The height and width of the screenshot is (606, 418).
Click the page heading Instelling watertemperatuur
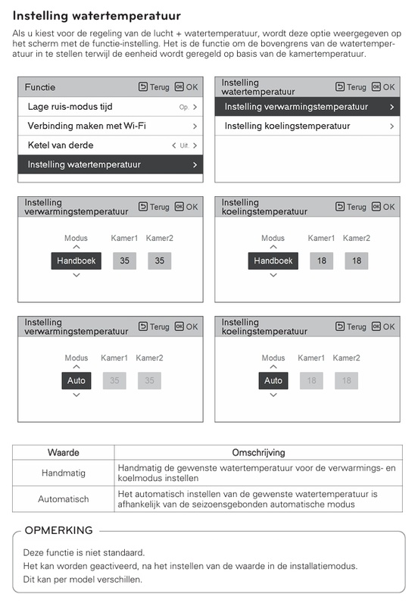tap(97, 14)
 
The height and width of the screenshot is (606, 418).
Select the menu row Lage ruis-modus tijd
tap(111, 107)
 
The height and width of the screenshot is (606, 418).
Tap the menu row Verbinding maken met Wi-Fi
tap(111, 126)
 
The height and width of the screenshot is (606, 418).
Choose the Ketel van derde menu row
tap(111, 145)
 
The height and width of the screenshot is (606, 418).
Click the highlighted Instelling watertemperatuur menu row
tap(111, 164)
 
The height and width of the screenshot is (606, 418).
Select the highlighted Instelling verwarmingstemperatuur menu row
tap(307, 107)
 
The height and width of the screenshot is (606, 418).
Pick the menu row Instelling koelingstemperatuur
tap(307, 126)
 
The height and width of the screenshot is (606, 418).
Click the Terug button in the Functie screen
tap(154, 87)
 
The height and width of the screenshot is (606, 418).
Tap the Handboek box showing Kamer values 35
tap(76, 261)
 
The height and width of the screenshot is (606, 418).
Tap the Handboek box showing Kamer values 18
tap(273, 261)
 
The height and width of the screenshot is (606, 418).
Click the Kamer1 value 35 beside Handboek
tap(125, 261)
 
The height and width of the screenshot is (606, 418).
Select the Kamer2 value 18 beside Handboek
tap(357, 261)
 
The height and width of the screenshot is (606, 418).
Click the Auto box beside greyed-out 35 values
tap(76, 380)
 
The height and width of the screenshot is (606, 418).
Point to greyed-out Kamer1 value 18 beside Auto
tap(311, 380)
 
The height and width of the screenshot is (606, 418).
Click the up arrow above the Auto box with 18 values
tap(273, 367)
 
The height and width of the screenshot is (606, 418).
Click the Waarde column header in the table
tap(64, 452)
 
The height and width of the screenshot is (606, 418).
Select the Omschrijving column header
tap(258, 452)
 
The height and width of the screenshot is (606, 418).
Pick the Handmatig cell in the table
tap(64, 473)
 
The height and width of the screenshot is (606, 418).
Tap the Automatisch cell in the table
tap(64, 499)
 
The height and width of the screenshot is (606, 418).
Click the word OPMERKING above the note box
tap(58, 530)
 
